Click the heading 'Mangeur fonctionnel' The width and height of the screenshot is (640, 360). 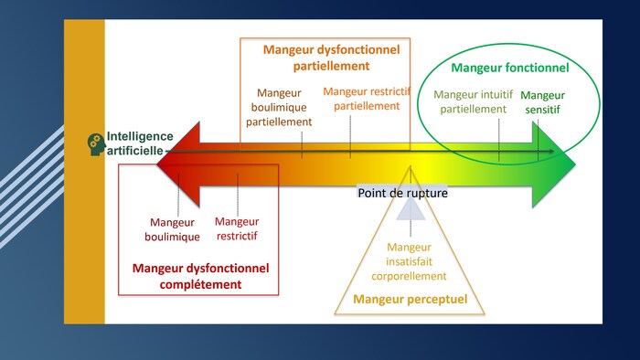pyautogui.click(x=509, y=68)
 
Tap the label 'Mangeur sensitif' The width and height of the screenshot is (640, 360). pyautogui.click(x=542, y=101)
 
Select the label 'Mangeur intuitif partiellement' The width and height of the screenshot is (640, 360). pyautogui.click(x=473, y=101)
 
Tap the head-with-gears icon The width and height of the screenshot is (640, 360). pyautogui.click(x=95, y=143)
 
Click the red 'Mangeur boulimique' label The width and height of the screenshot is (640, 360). pyautogui.click(x=174, y=228)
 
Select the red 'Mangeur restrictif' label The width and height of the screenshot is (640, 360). pyautogui.click(x=237, y=228)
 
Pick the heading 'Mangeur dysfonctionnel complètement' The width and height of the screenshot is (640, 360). pyautogui.click(x=200, y=276)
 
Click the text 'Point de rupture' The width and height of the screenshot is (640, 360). pyautogui.click(x=402, y=193)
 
